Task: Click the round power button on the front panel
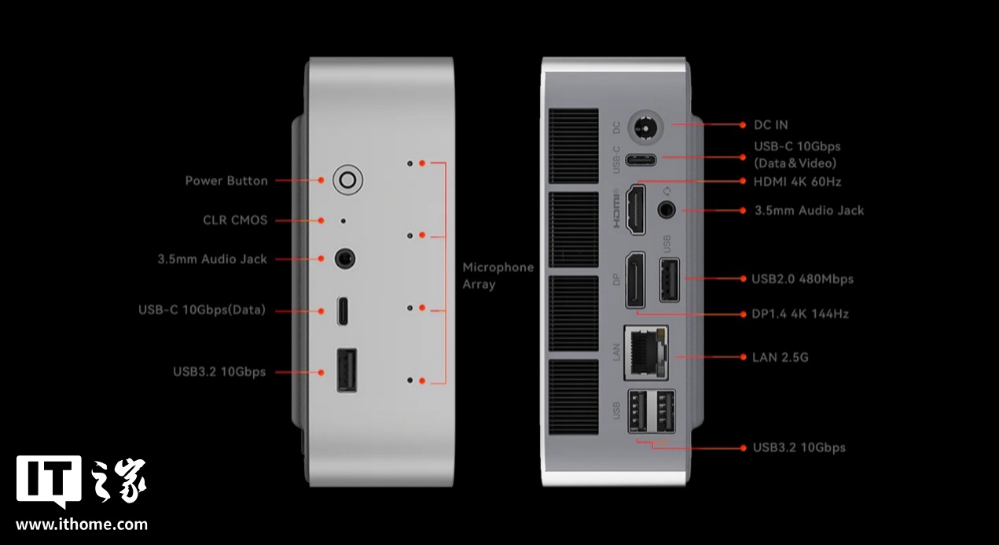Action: [348, 180]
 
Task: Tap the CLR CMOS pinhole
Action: [343, 221]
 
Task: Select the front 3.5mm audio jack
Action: [345, 259]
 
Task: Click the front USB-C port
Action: [343, 311]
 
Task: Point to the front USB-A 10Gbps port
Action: [347, 370]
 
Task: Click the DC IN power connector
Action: [645, 127]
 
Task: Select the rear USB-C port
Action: [641, 160]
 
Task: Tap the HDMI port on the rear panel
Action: [636, 210]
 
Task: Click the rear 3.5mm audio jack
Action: [667, 209]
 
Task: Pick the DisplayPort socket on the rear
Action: [635, 280]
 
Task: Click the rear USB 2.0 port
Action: [670, 280]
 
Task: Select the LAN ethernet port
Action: [646, 352]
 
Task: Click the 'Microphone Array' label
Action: [498, 276]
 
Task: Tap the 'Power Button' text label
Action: [226, 181]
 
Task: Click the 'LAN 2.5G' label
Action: [780, 357]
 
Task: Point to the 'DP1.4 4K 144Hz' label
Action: [800, 314]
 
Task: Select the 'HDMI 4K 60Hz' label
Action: [797, 182]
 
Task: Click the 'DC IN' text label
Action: [770, 125]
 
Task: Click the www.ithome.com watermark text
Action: [82, 525]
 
